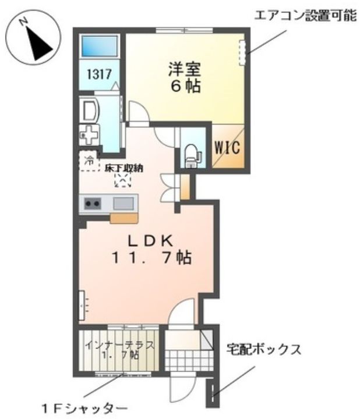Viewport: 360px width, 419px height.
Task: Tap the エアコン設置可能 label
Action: coord(304,16)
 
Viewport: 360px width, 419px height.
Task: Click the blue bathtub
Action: coord(100,46)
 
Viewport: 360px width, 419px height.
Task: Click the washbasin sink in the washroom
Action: coord(90,110)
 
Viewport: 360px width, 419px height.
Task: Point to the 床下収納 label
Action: coord(124,169)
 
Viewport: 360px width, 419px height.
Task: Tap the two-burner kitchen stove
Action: coord(93,204)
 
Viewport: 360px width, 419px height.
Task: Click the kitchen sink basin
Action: coord(123,204)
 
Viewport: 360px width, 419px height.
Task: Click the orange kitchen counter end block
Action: coord(123,218)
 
